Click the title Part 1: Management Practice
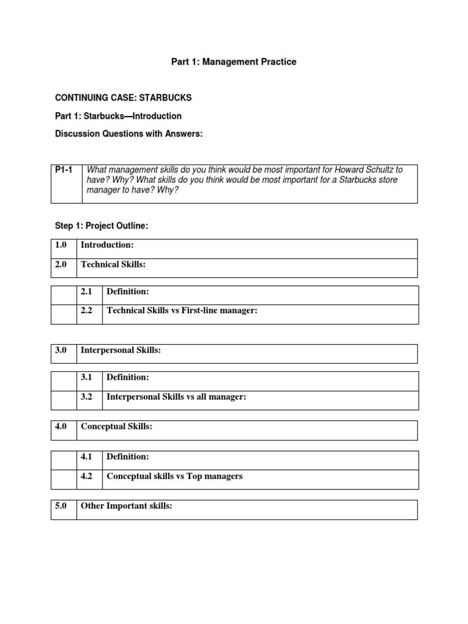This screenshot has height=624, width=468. (233, 62)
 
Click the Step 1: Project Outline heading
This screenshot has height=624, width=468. (102, 225)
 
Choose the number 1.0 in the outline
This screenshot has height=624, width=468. (62, 244)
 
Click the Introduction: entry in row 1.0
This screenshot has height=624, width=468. (107, 244)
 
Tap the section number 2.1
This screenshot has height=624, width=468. (86, 292)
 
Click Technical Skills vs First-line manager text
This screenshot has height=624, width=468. (182, 310)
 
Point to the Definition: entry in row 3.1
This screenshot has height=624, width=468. (127, 377)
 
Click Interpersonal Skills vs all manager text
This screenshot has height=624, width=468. (176, 397)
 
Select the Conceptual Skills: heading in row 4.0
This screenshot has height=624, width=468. (116, 427)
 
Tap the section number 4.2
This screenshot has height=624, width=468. (86, 476)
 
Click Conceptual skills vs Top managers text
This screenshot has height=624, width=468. (174, 476)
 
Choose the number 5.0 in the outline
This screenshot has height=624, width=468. (62, 506)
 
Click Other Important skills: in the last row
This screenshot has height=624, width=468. (127, 506)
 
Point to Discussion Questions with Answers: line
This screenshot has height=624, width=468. (128, 134)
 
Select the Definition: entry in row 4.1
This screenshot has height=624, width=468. (127, 456)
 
